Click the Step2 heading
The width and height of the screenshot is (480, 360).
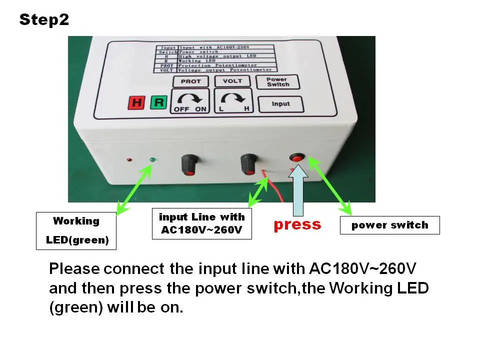pyautogui.click(x=44, y=20)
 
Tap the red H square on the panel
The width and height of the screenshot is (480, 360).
pyautogui.click(x=135, y=103)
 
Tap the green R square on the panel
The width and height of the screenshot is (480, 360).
pyautogui.click(x=158, y=103)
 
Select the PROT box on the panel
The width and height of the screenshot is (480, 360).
pyautogui.click(x=190, y=81)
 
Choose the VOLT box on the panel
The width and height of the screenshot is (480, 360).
pyautogui.click(x=232, y=81)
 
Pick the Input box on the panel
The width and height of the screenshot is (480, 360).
pyautogui.click(x=280, y=104)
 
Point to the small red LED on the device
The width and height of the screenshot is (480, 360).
pyautogui.click(x=129, y=160)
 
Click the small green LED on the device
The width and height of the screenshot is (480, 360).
pyautogui.click(x=152, y=160)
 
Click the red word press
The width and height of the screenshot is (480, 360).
pyautogui.click(x=297, y=224)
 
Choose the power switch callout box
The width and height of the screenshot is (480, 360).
pyautogui.click(x=389, y=225)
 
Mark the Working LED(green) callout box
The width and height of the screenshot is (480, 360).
pyautogui.click(x=76, y=230)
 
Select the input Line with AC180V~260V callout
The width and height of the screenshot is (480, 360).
pyautogui.click(x=201, y=224)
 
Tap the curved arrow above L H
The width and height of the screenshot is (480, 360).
pyautogui.click(x=232, y=98)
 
